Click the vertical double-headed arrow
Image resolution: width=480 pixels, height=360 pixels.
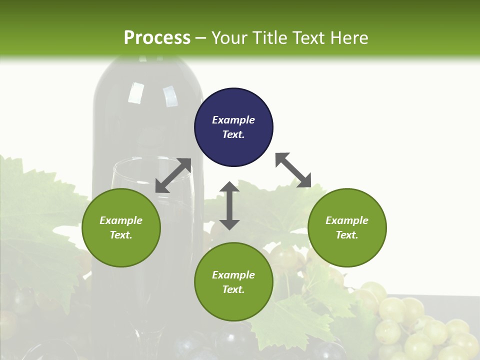(x=229, y=205)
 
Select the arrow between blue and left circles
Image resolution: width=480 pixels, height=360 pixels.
(x=173, y=175)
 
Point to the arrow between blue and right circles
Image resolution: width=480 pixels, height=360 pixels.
(x=293, y=170)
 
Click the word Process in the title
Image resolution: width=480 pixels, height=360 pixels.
(x=157, y=37)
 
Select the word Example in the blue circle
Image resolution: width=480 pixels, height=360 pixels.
(x=233, y=120)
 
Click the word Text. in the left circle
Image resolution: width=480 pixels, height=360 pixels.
(x=121, y=235)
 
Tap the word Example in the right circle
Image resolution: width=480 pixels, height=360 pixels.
(x=347, y=220)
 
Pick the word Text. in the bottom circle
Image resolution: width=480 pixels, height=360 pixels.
(x=233, y=289)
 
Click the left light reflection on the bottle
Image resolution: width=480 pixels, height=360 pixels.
(x=135, y=93)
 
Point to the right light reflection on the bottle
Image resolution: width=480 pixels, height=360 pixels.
(x=170, y=96)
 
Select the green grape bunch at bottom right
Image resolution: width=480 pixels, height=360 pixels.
(x=425, y=325)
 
